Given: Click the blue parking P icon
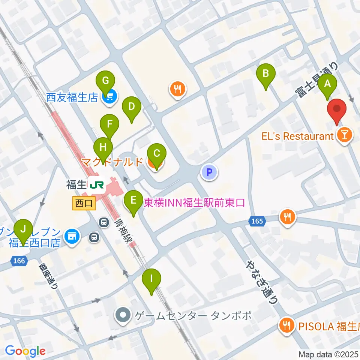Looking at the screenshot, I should click(x=209, y=172).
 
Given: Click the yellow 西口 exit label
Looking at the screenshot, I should click(x=84, y=204).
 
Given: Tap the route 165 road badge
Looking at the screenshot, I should click(x=257, y=221).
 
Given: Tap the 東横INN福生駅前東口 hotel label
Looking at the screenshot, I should click(x=194, y=203).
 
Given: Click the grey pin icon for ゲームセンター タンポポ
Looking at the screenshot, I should click(x=123, y=315).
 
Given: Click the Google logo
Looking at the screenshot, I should click(x=25, y=351).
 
